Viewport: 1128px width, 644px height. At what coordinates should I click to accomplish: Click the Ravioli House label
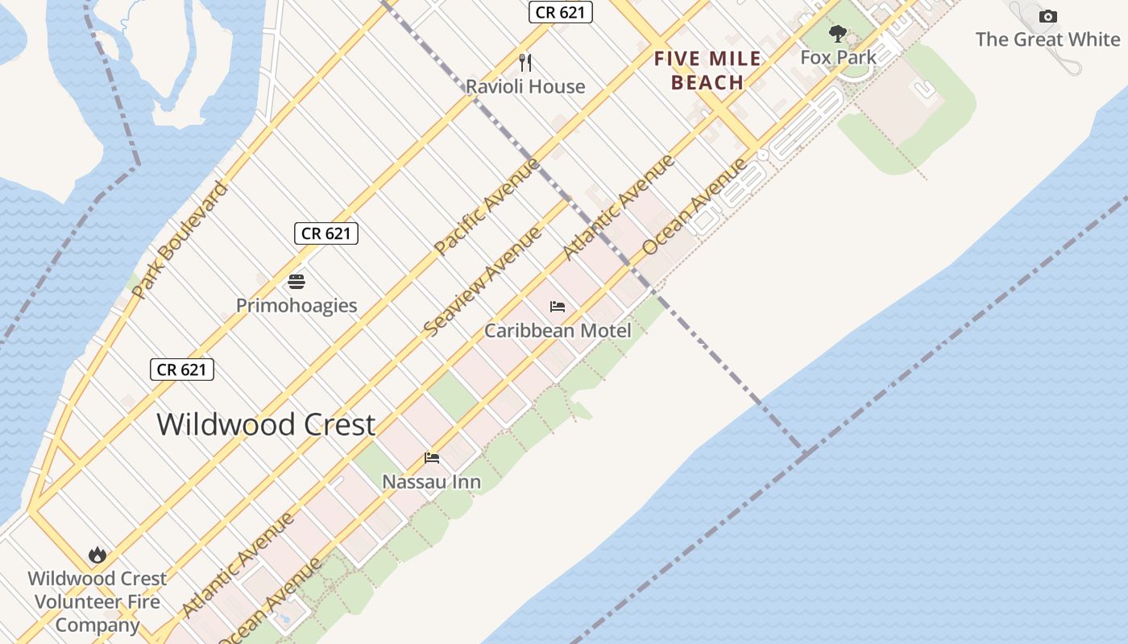click(525, 86)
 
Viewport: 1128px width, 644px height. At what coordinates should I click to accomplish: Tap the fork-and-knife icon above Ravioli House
click(525, 62)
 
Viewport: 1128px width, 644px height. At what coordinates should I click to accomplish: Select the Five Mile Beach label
click(707, 70)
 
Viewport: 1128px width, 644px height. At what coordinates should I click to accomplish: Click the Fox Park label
click(838, 57)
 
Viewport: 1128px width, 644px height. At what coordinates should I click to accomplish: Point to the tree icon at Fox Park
click(838, 34)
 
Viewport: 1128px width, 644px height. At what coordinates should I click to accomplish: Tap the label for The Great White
click(1047, 39)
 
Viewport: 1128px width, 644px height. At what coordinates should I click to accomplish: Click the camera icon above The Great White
click(1047, 16)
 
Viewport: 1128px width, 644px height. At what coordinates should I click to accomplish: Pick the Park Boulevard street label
click(180, 240)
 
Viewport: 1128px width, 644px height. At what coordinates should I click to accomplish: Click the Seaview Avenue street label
click(482, 282)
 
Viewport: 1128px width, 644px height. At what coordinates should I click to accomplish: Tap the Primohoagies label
click(297, 305)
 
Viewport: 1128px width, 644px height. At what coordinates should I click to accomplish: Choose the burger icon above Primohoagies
click(297, 282)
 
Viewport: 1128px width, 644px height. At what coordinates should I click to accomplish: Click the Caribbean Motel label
click(558, 330)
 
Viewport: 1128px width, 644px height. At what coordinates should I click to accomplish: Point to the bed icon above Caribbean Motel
click(557, 307)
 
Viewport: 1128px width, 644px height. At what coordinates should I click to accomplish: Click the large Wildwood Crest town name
click(266, 424)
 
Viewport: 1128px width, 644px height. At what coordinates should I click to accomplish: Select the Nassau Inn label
click(431, 481)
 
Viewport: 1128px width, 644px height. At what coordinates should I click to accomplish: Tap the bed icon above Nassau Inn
click(432, 458)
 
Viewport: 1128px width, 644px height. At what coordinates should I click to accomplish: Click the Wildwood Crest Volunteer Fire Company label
click(97, 601)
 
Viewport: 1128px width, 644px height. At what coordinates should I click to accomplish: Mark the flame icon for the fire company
click(97, 555)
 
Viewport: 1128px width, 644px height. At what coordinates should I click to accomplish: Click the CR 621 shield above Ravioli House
click(561, 12)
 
